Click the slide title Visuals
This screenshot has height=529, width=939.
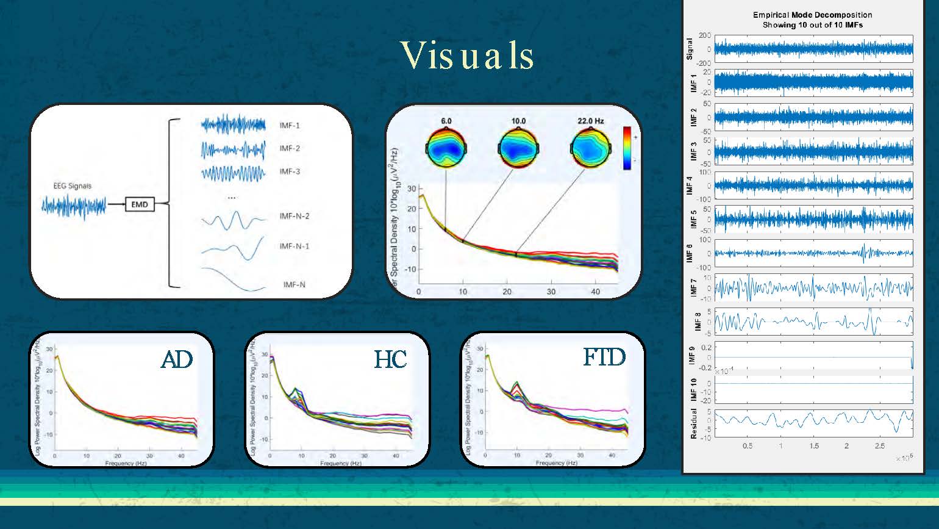[x=468, y=56]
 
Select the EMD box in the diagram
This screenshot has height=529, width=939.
[x=140, y=204]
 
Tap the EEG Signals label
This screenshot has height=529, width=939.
[x=72, y=185]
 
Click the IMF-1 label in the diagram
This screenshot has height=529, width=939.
[x=290, y=126]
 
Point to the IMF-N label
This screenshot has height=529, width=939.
[x=295, y=284]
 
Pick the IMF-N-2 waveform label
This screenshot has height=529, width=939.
[x=295, y=216]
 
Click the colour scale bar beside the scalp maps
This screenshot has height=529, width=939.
[x=627, y=148]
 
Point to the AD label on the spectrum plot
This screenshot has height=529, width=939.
[x=177, y=360]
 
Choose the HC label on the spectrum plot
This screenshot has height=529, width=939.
[x=390, y=360]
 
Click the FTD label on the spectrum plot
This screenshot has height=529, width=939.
[x=604, y=357]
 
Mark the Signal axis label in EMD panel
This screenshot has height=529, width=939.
[x=690, y=49]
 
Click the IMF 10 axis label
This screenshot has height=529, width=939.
[x=693, y=389]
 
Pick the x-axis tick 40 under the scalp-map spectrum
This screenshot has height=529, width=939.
[x=596, y=292]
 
